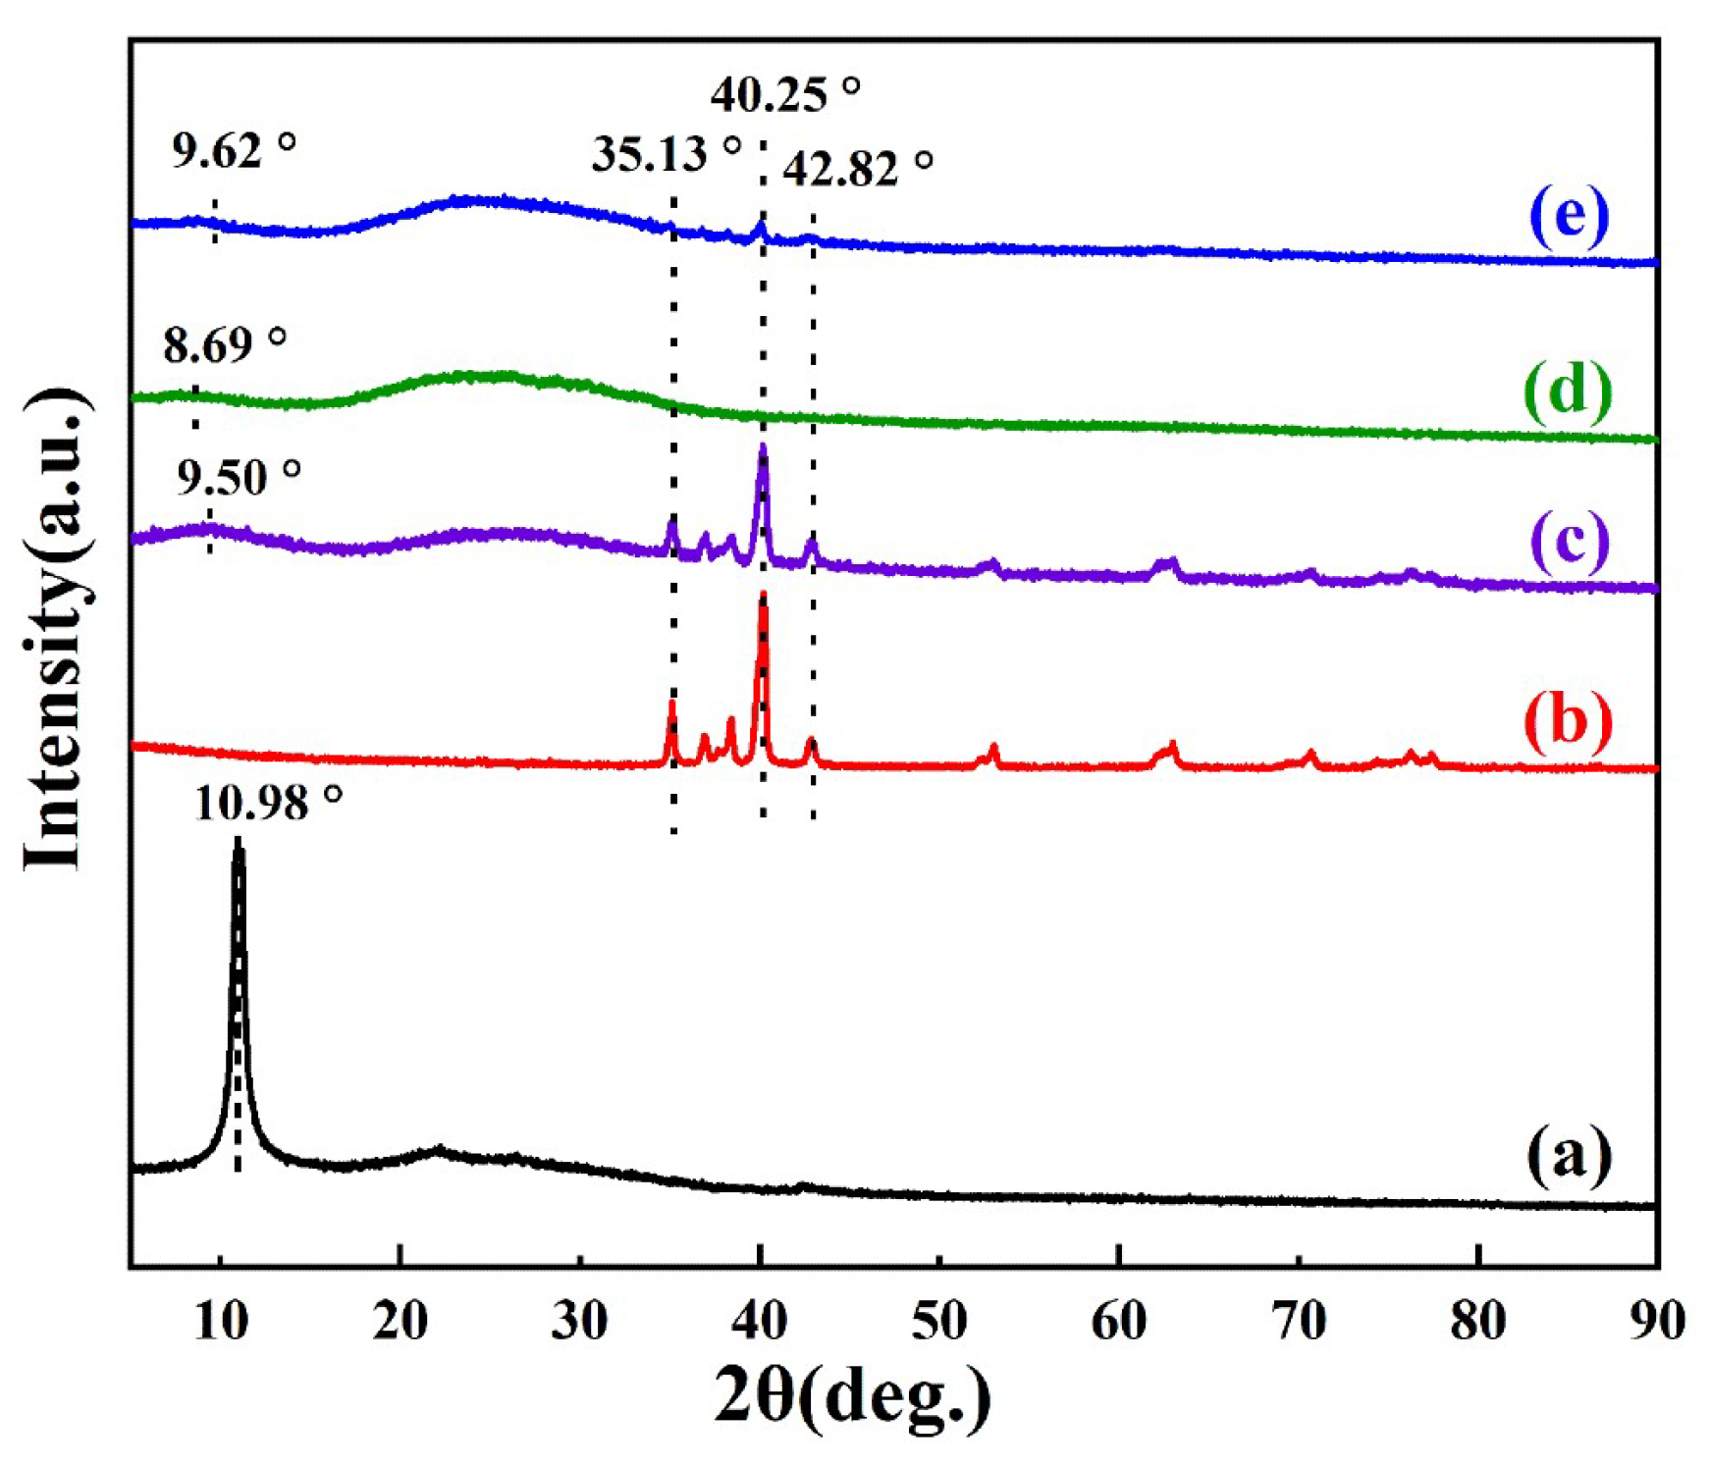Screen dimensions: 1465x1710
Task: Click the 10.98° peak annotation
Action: pyautogui.click(x=267, y=804)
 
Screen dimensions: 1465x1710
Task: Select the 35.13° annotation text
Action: pyautogui.click(x=665, y=154)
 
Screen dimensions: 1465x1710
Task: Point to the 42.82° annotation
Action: pyautogui.click(x=856, y=169)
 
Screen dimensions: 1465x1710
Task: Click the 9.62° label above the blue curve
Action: pyautogui.click(x=233, y=150)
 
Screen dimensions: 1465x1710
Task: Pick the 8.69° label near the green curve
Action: pyautogui.click(x=224, y=345)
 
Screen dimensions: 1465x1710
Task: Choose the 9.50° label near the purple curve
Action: pyautogui.click(x=238, y=478)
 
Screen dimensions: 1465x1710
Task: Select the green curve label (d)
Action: pyautogui.click(x=1568, y=391)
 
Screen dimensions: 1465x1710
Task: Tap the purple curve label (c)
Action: pyautogui.click(x=1569, y=543)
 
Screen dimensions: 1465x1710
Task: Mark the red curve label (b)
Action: pyautogui.click(x=1568, y=721)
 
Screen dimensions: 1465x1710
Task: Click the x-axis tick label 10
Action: pyautogui.click(x=221, y=1322)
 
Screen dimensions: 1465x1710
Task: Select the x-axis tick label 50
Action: pyautogui.click(x=939, y=1322)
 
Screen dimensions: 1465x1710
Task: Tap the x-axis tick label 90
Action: pyautogui.click(x=1657, y=1322)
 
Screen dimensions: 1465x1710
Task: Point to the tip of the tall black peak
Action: pyautogui.click(x=238, y=842)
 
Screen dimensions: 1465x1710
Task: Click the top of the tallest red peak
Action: pyautogui.click(x=763, y=595)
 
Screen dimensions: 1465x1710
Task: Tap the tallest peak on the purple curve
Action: pyautogui.click(x=763, y=447)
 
